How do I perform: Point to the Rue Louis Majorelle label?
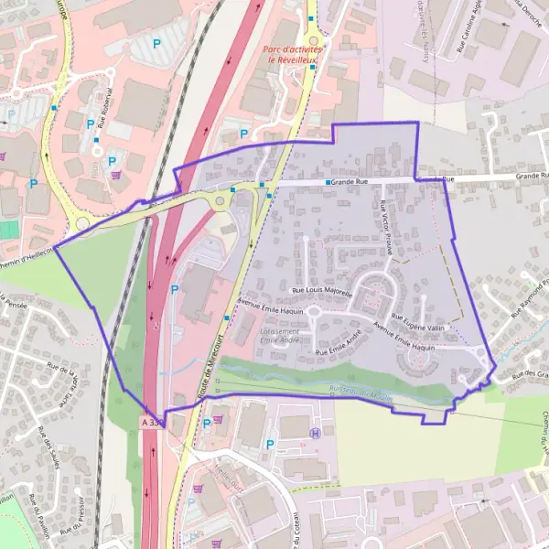(322, 290)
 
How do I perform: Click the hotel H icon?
(315, 434)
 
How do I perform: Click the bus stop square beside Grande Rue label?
(328, 183)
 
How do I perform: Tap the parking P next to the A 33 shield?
(207, 423)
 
